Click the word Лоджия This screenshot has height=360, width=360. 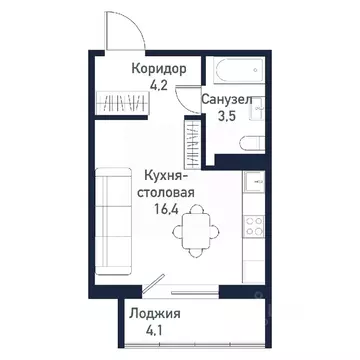153,313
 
